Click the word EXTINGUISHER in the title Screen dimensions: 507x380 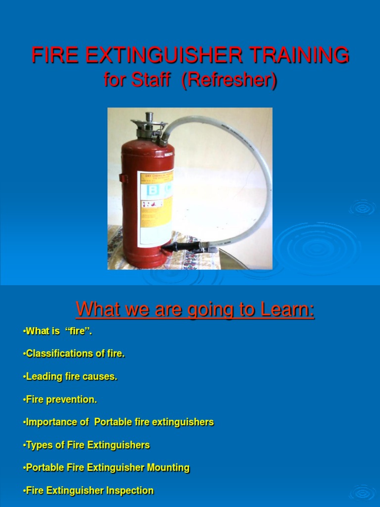pos(163,55)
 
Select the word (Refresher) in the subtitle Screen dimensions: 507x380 pos(229,80)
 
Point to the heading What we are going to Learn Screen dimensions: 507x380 pos(195,310)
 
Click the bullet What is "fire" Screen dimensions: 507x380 pos(57,331)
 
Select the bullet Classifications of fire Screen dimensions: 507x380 pos(74,354)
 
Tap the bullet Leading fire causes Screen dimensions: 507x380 pos(70,376)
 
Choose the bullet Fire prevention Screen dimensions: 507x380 pos(60,399)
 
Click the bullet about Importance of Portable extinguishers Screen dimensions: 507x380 pos(118,422)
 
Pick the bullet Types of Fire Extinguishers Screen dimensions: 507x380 pos(86,445)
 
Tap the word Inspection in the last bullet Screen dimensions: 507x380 pos(130,490)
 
